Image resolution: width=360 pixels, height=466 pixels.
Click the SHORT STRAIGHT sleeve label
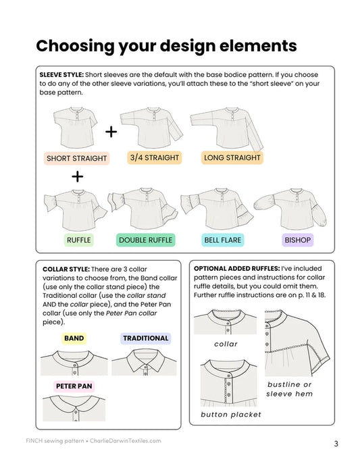(x=77, y=159)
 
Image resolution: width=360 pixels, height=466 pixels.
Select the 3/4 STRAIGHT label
(x=155, y=158)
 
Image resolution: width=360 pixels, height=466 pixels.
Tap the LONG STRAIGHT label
(x=232, y=158)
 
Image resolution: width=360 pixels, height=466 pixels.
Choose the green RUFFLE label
(x=79, y=239)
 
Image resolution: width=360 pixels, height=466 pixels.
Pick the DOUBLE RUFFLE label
(x=145, y=239)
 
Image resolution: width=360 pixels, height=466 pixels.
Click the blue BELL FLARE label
(x=222, y=239)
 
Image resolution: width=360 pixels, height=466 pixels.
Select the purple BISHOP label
(x=297, y=239)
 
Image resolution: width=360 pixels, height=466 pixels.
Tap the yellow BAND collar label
(x=74, y=338)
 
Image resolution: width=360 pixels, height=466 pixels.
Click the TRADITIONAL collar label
(x=145, y=338)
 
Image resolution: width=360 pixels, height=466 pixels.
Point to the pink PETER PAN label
(x=74, y=386)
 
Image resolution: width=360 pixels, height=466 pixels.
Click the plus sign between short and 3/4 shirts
(x=111, y=131)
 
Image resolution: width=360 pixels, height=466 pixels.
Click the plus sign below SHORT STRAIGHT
(x=77, y=177)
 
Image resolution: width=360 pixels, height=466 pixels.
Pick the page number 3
(x=336, y=444)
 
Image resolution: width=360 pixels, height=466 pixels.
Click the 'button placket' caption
(x=230, y=414)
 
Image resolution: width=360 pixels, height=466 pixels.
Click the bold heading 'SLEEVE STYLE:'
(x=61, y=75)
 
